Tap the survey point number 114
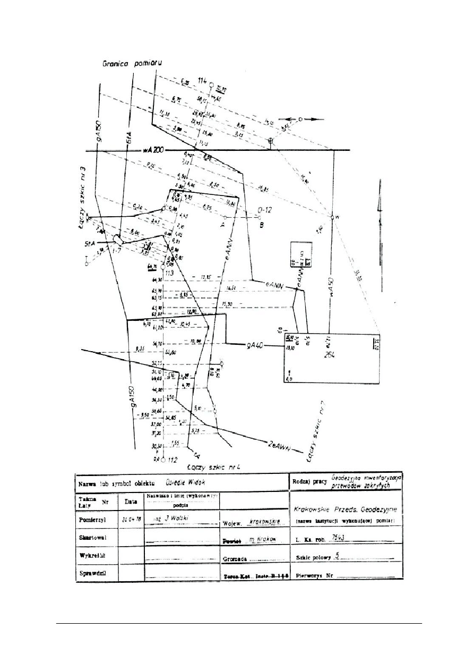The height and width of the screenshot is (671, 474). [202, 80]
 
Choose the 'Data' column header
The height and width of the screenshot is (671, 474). [131, 501]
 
